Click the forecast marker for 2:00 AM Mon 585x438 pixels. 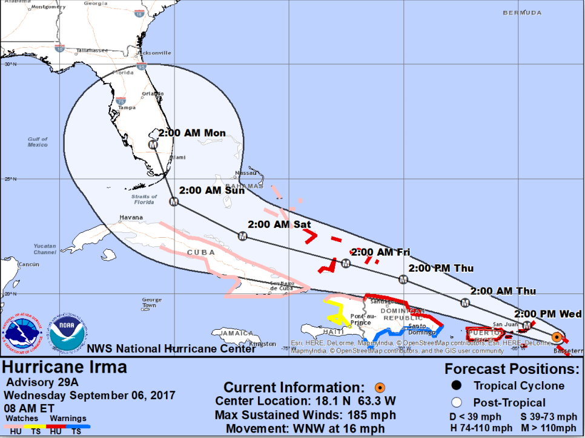tap(153, 145)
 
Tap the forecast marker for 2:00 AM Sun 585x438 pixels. tap(174, 201)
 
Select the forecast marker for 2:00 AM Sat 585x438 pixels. tap(242, 235)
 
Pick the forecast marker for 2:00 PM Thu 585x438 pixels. tap(403, 279)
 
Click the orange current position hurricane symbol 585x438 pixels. tap(557, 336)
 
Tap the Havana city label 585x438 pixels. tap(131, 217)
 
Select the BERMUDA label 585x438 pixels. tap(522, 13)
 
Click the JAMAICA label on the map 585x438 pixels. tap(237, 333)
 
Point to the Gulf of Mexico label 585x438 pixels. tap(38, 142)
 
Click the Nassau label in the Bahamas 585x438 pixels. tap(245, 173)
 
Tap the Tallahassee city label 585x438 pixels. tap(92, 50)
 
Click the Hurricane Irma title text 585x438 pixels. tap(65, 367)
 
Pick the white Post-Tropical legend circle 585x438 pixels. tap(457, 402)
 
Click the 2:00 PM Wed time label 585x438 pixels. tap(548, 314)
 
